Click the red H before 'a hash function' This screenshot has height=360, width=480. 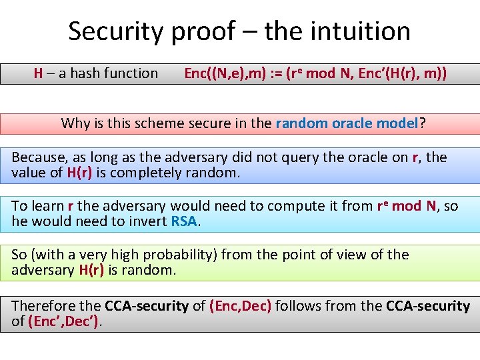coord(39,73)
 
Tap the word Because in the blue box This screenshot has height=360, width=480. coord(41,158)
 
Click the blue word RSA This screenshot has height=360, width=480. coord(184,222)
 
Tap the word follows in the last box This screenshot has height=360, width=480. coord(298,306)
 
